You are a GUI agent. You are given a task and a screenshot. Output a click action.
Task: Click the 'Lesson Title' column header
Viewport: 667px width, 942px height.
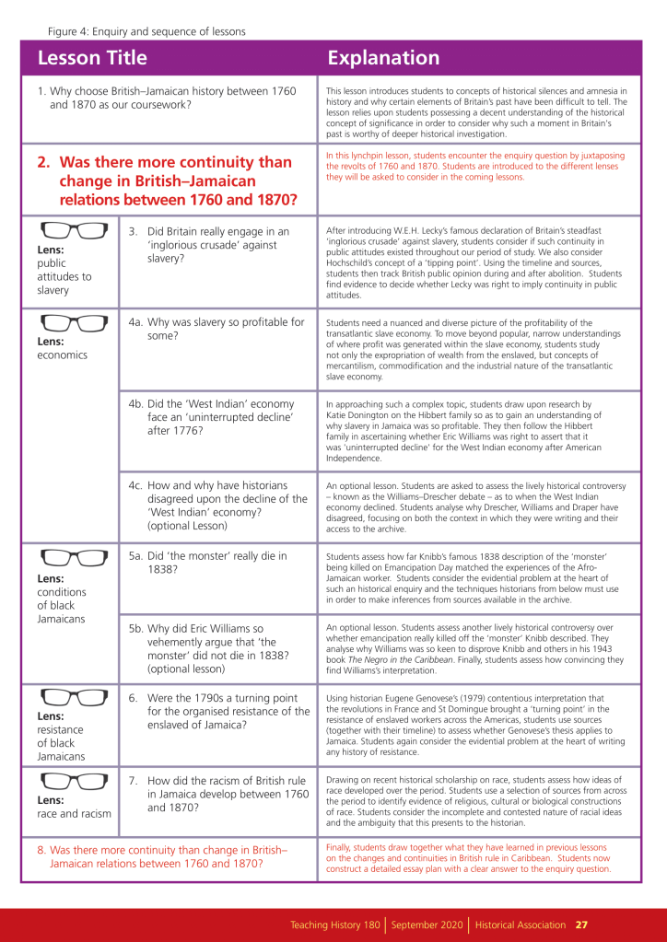[x=92, y=58]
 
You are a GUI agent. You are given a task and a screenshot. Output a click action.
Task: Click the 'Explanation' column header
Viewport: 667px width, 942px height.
[x=384, y=58]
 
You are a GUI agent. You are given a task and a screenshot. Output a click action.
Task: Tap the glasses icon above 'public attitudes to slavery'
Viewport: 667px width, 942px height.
[x=75, y=231]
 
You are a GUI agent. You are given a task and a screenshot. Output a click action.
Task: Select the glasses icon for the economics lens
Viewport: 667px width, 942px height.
[x=75, y=323]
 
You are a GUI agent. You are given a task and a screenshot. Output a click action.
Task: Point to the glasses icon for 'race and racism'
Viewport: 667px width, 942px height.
[x=75, y=782]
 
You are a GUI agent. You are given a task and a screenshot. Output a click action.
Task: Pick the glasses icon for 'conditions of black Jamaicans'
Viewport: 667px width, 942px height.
[x=75, y=559]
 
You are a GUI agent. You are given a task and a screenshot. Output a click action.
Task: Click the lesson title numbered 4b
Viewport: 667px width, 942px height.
[x=218, y=417]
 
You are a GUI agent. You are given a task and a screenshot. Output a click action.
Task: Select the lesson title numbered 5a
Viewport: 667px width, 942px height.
[x=217, y=563]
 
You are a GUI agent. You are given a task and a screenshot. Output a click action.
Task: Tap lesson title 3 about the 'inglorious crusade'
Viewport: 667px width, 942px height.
[x=217, y=244]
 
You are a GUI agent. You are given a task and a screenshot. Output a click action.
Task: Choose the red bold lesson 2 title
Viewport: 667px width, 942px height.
[x=166, y=180]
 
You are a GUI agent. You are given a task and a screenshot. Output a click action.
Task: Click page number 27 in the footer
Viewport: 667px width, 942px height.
[x=582, y=925]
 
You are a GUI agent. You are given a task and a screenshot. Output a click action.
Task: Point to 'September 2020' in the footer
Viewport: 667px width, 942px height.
[x=427, y=925]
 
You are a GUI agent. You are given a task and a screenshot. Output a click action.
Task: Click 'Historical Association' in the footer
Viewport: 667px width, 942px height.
[x=521, y=925]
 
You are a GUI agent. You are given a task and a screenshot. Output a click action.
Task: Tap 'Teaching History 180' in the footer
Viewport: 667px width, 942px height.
[x=335, y=925]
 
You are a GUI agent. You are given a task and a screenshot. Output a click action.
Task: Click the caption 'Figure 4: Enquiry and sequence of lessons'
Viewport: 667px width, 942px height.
[x=146, y=31]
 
